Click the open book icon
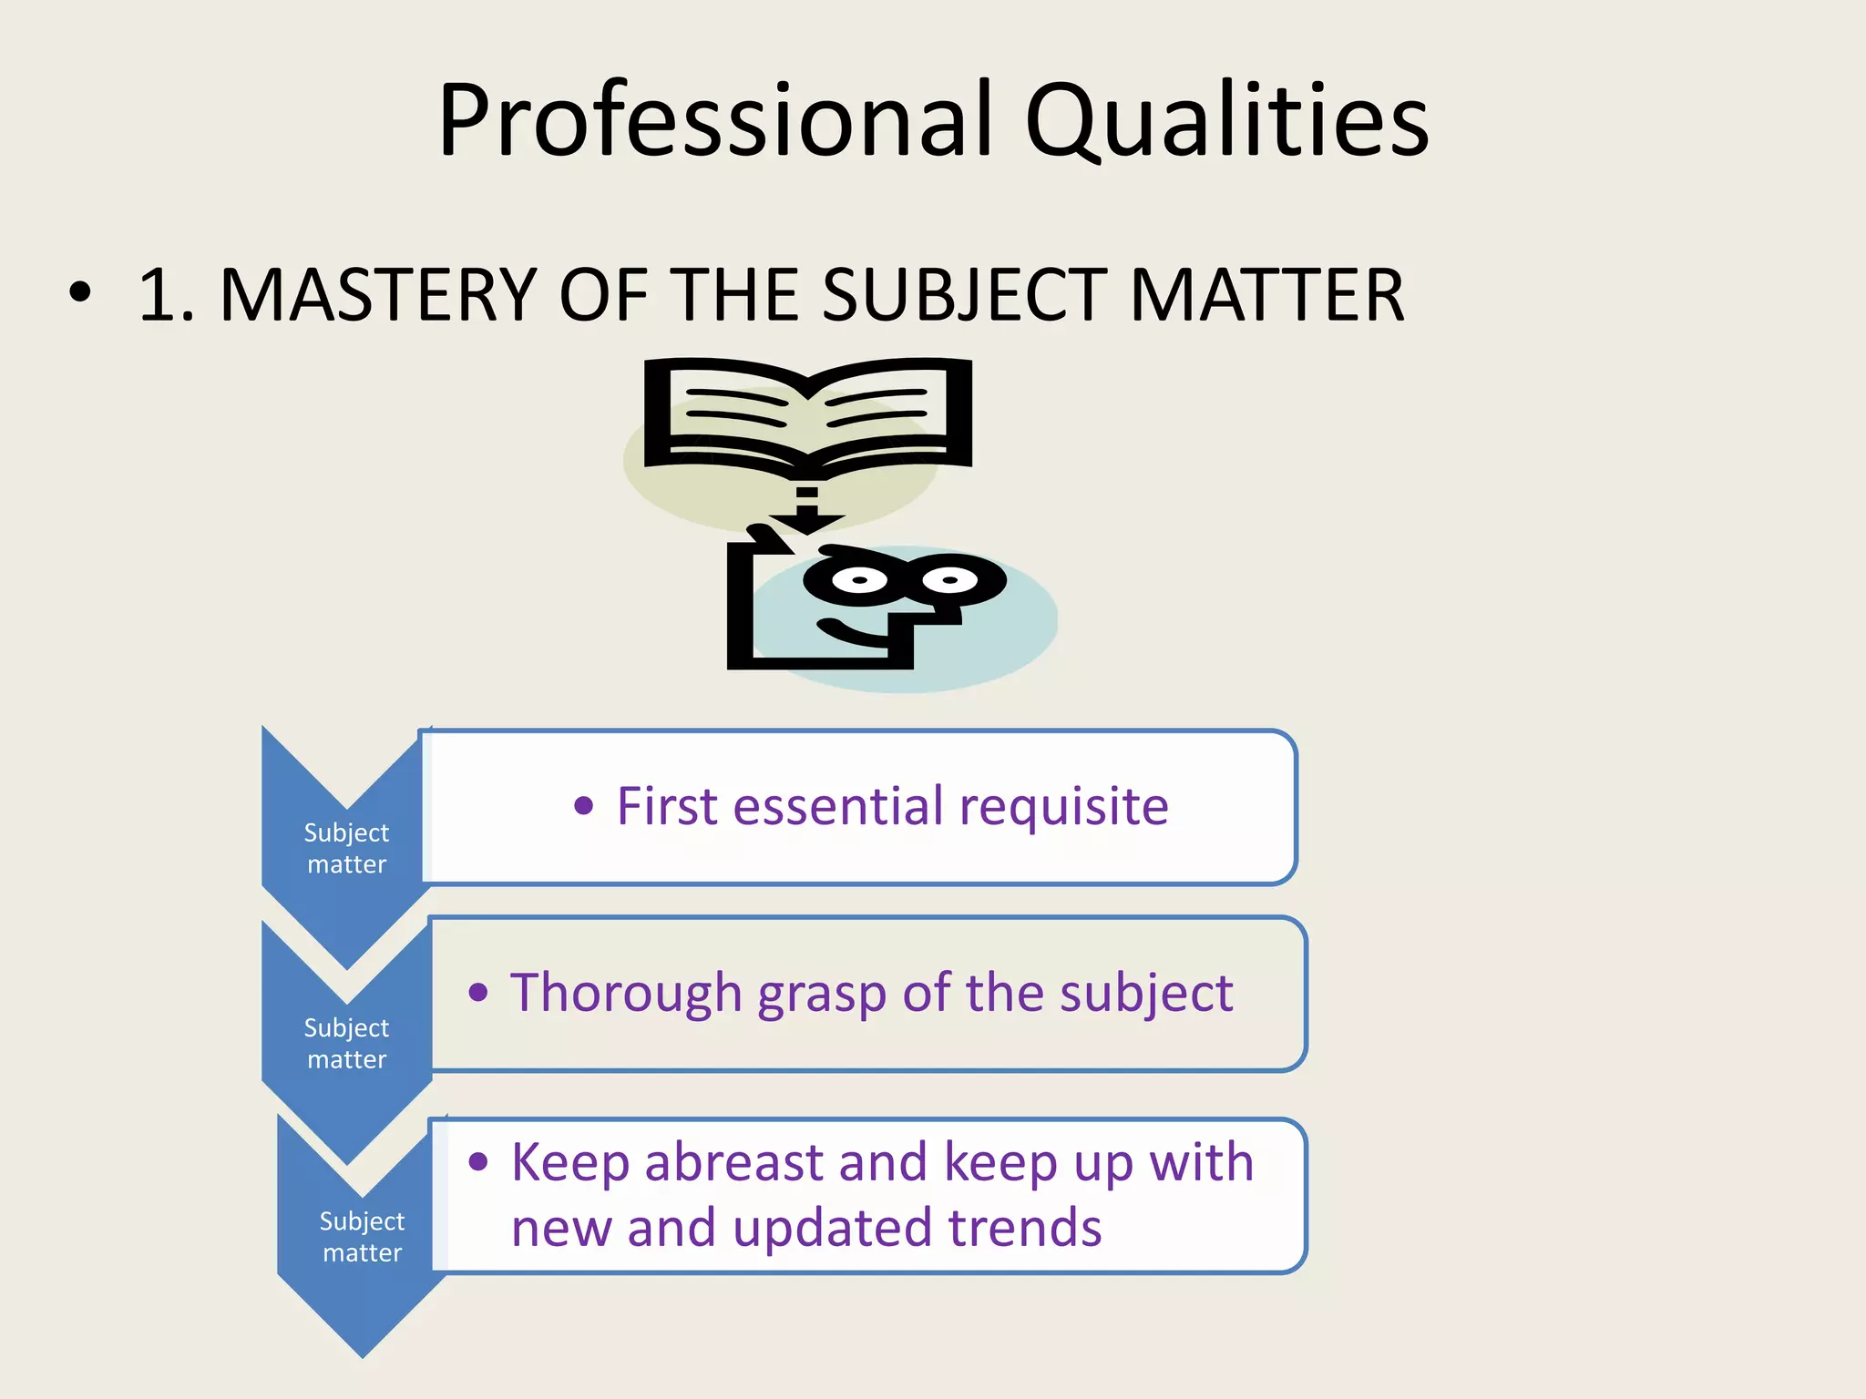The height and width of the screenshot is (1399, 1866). click(x=807, y=414)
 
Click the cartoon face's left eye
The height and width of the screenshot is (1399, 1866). click(x=857, y=579)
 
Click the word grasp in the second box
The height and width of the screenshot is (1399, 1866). click(x=822, y=995)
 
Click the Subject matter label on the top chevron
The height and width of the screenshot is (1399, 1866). click(x=346, y=848)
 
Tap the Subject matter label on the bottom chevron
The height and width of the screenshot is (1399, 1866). click(x=362, y=1237)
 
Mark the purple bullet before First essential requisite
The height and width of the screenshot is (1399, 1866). click(x=584, y=805)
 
